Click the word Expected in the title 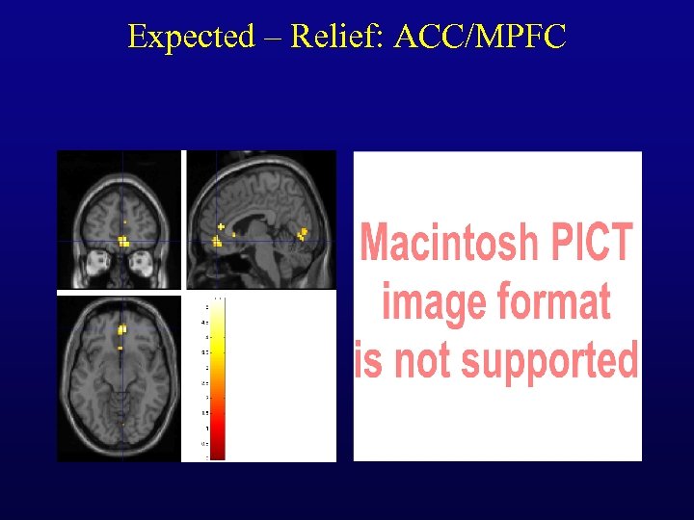click(x=190, y=37)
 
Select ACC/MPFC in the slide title click(x=482, y=37)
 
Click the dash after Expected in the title click(x=272, y=38)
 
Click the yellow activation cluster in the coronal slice click(x=123, y=241)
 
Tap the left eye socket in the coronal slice click(x=96, y=260)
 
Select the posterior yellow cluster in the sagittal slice click(x=303, y=233)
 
